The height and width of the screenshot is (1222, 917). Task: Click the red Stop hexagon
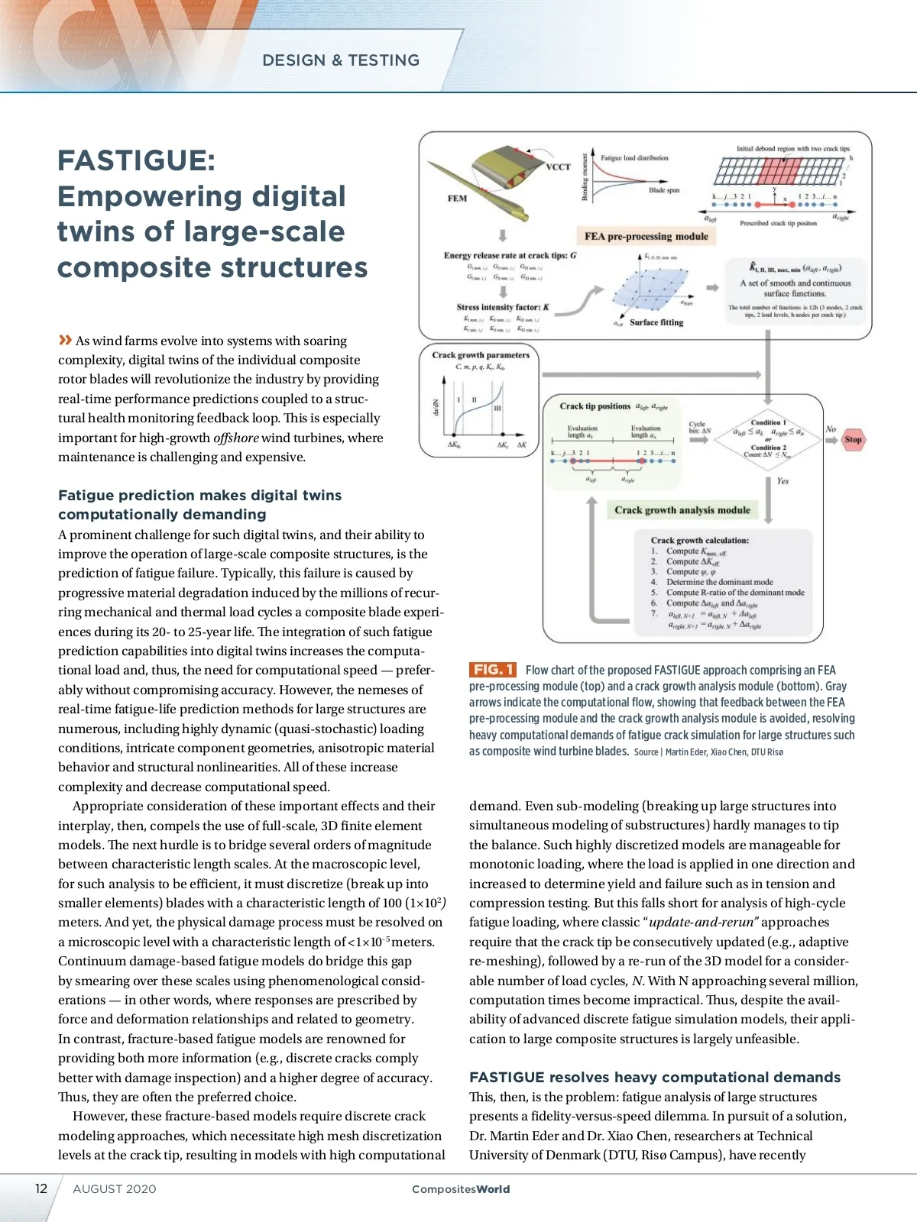click(853, 439)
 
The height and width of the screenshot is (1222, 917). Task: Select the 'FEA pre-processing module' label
click(646, 237)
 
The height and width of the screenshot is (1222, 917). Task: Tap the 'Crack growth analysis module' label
click(682, 510)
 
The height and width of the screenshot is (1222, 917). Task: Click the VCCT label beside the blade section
click(559, 166)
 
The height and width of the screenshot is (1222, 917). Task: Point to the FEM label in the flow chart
click(457, 198)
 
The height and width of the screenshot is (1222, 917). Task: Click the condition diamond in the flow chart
click(767, 438)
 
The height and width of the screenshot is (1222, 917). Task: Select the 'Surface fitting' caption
click(656, 322)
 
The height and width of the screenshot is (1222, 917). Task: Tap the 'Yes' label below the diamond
click(783, 481)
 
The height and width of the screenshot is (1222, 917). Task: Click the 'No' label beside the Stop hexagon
click(831, 429)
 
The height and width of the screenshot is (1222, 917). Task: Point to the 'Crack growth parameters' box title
click(481, 355)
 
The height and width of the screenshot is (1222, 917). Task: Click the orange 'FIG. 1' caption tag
click(492, 670)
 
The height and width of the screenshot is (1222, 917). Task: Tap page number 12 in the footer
click(41, 1188)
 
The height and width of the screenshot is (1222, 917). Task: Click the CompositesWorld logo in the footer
click(460, 1189)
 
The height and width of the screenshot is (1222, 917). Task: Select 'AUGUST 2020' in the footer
click(115, 1189)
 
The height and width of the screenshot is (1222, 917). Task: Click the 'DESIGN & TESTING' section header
click(341, 60)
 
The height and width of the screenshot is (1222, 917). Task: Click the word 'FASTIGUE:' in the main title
click(137, 160)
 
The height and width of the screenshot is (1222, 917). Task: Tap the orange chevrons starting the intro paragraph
click(65, 340)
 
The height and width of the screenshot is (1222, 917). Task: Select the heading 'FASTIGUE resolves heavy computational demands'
click(654, 1077)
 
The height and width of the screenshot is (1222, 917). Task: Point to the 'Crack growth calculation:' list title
click(699, 540)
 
